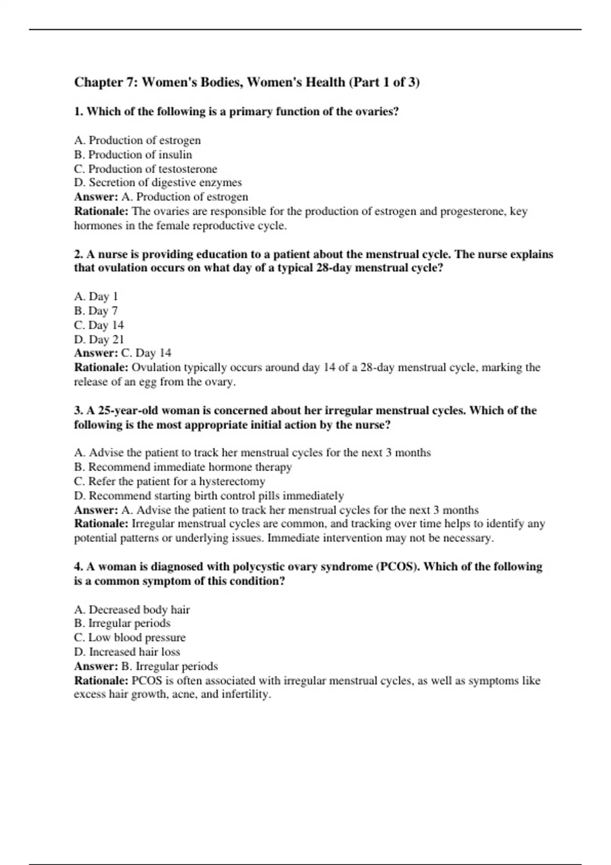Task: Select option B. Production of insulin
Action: point(133,154)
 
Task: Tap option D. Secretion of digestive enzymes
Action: point(158,182)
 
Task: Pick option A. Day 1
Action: point(96,296)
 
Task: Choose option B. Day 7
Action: point(96,310)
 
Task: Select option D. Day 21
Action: point(99,339)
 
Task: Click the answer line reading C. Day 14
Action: point(146,353)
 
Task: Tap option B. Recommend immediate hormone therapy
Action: point(183,467)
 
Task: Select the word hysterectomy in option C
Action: point(232,481)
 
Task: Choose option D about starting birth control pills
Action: point(209,496)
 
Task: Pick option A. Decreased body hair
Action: point(132,610)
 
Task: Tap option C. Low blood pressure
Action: point(130,638)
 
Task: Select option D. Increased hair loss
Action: point(127,652)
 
